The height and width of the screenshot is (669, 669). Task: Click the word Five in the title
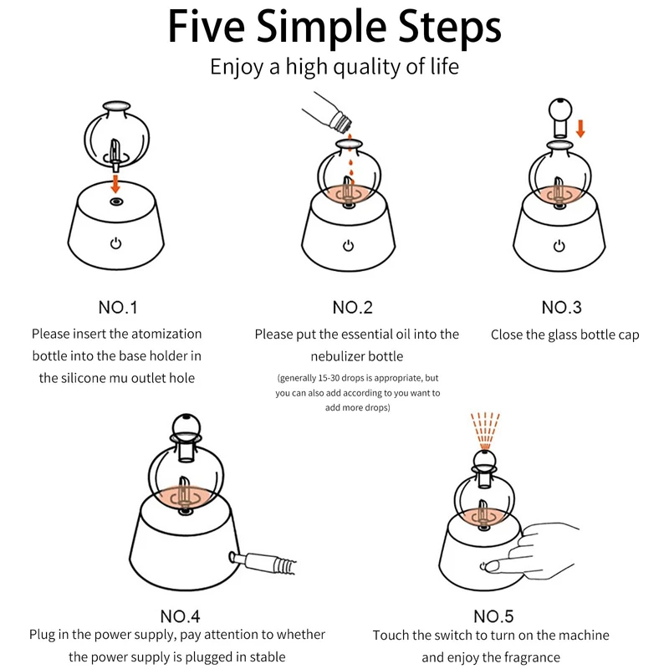(207, 27)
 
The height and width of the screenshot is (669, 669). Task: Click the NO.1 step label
(118, 308)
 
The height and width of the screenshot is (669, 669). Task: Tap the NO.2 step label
(352, 308)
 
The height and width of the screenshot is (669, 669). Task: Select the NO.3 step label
(561, 308)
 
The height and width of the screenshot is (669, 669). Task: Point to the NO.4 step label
(180, 616)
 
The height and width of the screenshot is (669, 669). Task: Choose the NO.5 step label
(493, 616)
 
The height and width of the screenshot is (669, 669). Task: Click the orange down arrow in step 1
(115, 183)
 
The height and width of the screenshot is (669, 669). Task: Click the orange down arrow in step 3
(580, 129)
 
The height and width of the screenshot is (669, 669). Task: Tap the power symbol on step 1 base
(115, 243)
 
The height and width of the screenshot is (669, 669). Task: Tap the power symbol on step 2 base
(349, 246)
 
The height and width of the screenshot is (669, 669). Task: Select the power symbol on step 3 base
(559, 246)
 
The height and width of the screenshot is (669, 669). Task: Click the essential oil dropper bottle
(329, 112)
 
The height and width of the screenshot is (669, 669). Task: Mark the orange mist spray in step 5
(485, 431)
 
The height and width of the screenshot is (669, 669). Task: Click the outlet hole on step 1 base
(116, 202)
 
